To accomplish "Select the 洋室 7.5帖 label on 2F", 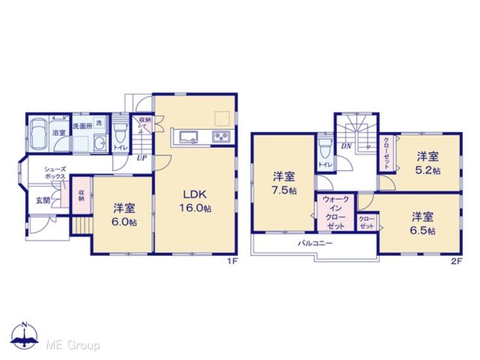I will point(282,184).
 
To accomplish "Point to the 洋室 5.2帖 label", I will point(428,163).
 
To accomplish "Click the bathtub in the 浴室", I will point(39,133).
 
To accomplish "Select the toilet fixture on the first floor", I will point(119,133).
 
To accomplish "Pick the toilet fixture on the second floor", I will point(324,149).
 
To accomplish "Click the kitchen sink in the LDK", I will point(188,136).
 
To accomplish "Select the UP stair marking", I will point(141,159).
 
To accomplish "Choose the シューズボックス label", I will point(56,173).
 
